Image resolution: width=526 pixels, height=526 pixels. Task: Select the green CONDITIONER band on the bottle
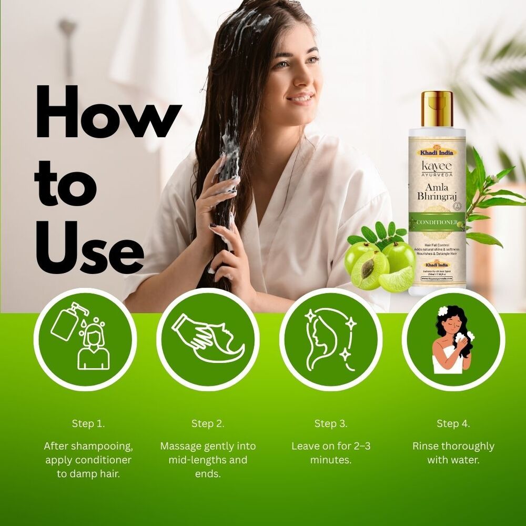pyautogui.click(x=437, y=221)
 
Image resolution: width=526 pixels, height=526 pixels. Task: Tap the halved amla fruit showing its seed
pyautogui.click(x=369, y=270)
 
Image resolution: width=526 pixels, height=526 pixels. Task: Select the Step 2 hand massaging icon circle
pyautogui.click(x=208, y=339)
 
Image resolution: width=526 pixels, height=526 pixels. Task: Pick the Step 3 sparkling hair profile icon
pyautogui.click(x=330, y=339)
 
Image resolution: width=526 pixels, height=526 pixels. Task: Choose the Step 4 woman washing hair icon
pyautogui.click(x=453, y=339)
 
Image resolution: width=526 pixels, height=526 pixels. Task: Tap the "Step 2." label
pyautogui.click(x=208, y=423)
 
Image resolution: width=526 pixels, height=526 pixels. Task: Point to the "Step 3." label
pyautogui.click(x=331, y=423)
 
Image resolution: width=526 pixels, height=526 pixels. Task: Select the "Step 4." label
pyautogui.click(x=453, y=423)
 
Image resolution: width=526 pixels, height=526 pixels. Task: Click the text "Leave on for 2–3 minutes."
pyautogui.click(x=331, y=453)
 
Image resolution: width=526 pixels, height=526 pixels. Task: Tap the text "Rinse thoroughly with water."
pyautogui.click(x=453, y=453)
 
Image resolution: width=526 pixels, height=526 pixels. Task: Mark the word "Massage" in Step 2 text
pyautogui.click(x=180, y=446)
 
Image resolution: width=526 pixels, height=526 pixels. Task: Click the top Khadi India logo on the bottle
pyautogui.click(x=437, y=153)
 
